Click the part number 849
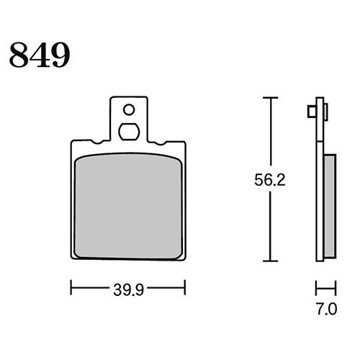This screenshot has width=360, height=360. [40, 55]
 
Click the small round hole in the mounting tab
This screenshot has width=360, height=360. [129, 110]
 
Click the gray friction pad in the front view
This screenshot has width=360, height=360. [128, 206]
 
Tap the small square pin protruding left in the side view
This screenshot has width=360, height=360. [310, 112]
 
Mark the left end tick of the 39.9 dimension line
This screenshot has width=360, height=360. [71, 288]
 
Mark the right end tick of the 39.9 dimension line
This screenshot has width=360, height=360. [186, 288]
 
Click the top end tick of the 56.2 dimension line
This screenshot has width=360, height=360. [269, 97]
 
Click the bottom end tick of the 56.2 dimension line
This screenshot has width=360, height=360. [269, 261]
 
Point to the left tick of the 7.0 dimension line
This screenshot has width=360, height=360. [316, 288]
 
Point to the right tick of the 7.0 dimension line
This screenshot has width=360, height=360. [335, 288]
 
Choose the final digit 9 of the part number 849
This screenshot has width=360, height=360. [60, 55]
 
